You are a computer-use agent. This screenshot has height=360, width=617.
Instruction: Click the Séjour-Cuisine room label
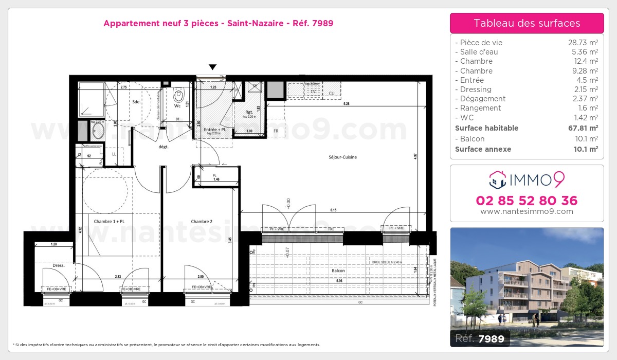tap(343, 157)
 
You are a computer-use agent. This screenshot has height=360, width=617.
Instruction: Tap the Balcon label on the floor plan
tap(338, 271)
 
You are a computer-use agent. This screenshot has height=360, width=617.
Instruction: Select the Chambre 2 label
tap(202, 222)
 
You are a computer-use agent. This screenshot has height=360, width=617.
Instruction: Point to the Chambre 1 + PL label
tap(110, 222)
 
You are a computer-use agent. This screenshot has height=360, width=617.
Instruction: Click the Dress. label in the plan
tap(58, 265)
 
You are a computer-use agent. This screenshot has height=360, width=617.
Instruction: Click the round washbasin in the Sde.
tap(97, 131)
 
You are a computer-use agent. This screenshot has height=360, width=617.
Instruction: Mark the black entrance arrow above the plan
tap(212, 67)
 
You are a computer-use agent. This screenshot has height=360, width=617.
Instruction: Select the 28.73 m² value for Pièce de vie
tap(583, 43)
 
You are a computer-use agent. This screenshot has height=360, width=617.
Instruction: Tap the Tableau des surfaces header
tap(527, 23)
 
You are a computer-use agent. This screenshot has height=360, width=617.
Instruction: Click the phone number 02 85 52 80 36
tap(527, 201)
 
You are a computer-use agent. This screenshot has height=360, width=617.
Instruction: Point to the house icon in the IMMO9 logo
tap(497, 180)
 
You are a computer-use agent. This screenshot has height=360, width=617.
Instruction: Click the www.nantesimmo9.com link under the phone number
tap(527, 211)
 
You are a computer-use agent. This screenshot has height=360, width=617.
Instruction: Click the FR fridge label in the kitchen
tap(276, 131)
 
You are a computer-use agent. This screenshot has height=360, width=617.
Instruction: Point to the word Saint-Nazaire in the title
tap(255, 23)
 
